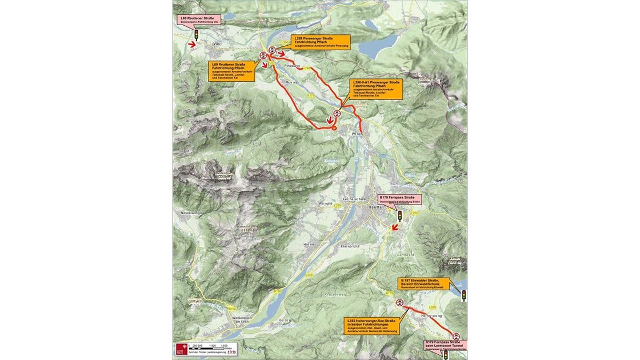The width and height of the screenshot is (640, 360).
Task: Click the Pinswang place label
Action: [291, 66]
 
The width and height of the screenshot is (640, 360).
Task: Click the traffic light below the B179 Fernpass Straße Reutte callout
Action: [400, 216]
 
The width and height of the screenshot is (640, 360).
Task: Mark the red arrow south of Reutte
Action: [394, 229]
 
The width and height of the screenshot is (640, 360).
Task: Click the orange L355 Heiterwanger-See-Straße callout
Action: [371, 325]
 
